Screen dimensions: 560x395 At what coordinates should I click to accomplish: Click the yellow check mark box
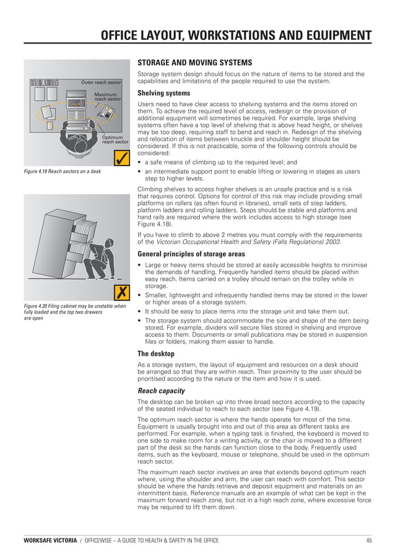[x=118, y=158]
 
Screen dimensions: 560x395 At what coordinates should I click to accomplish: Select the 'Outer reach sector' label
[x=101, y=82]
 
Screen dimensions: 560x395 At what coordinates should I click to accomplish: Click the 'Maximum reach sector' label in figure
[x=106, y=97]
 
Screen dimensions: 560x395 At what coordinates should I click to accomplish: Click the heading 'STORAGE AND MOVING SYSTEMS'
[x=194, y=63]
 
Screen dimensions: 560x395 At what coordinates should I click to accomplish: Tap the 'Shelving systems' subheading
[x=163, y=93]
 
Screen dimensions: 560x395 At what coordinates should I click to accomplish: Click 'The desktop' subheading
[x=157, y=353]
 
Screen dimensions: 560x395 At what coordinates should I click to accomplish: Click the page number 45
[x=368, y=541]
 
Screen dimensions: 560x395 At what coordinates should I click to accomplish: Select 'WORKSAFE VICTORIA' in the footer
[x=49, y=541]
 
